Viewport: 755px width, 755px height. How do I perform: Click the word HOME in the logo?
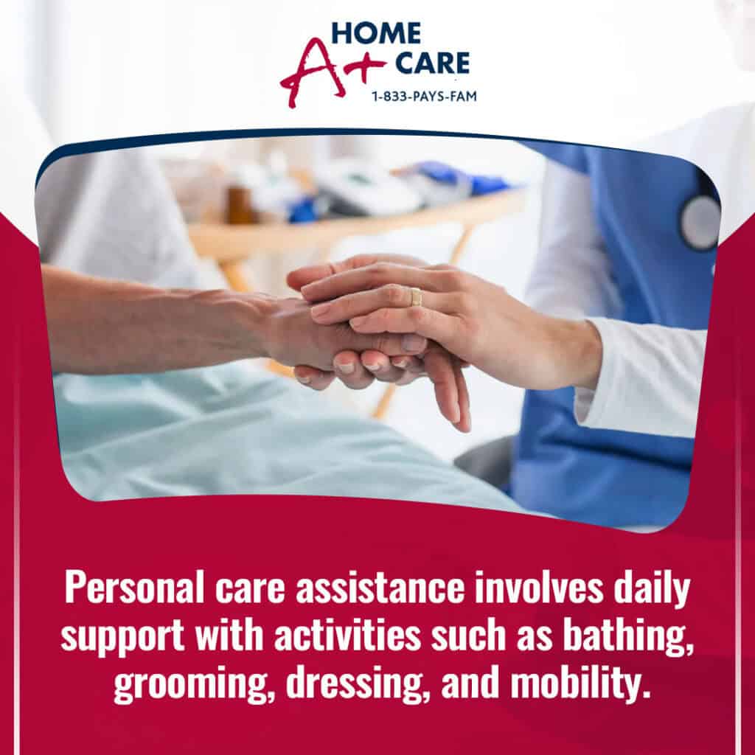pos(376,33)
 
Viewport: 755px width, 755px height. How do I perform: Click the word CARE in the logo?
pos(432,63)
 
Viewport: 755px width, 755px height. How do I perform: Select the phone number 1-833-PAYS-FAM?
pos(424,97)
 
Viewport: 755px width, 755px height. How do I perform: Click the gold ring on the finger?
pos(416,296)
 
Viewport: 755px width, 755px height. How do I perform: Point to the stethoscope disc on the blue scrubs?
pos(700,222)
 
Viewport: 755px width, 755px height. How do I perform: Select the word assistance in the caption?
pos(381,588)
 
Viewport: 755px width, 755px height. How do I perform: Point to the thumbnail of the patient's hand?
pos(414,342)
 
